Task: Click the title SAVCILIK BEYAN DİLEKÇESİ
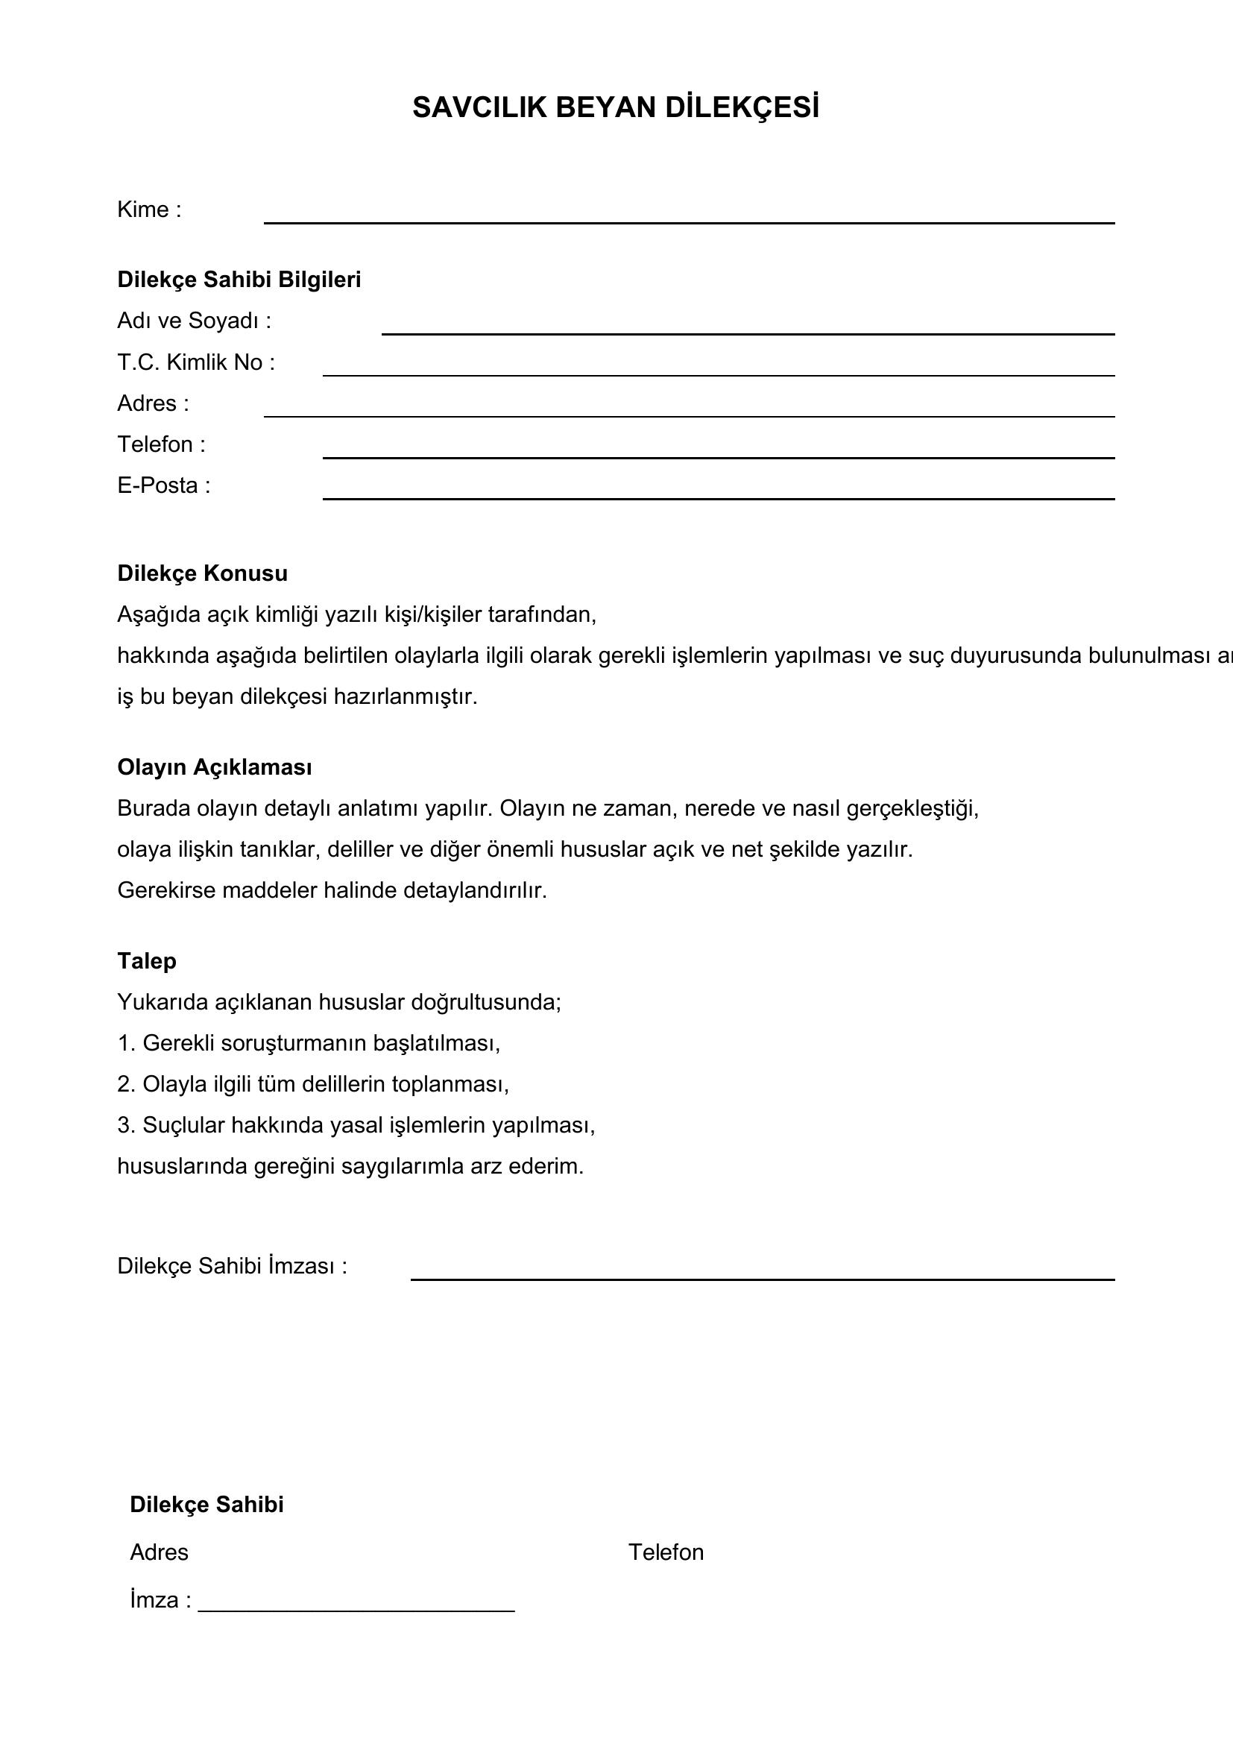tap(616, 108)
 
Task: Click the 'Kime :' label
tap(150, 210)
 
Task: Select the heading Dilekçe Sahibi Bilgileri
tap(239, 280)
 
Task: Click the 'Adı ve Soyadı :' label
tap(195, 321)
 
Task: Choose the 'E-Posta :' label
tap(164, 485)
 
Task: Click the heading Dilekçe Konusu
tap(203, 573)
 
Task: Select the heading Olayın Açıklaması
tap(215, 767)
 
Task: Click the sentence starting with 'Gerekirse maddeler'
tap(332, 890)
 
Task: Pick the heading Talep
tap(147, 961)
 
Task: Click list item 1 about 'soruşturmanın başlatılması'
tap(309, 1043)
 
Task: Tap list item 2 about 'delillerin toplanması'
tap(313, 1084)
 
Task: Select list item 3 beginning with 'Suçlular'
tap(356, 1125)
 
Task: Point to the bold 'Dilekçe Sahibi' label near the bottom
tap(206, 1505)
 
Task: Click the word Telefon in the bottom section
tap(666, 1552)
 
